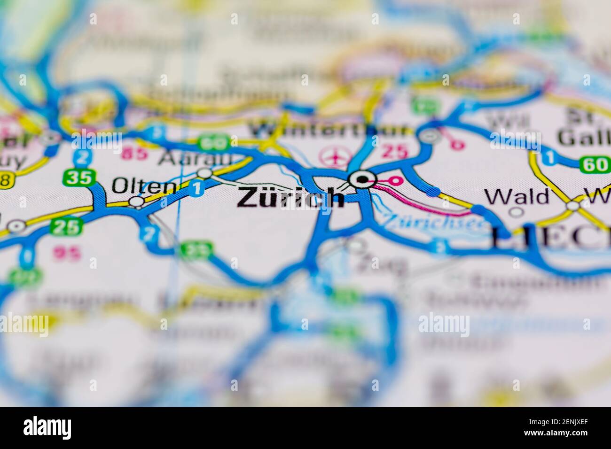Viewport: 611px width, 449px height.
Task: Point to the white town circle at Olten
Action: [136, 202]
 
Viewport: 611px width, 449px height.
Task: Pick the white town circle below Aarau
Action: [204, 173]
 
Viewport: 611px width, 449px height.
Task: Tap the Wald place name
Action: [517, 196]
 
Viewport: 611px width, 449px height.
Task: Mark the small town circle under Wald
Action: [517, 212]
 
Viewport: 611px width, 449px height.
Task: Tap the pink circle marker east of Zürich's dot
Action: [397, 180]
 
